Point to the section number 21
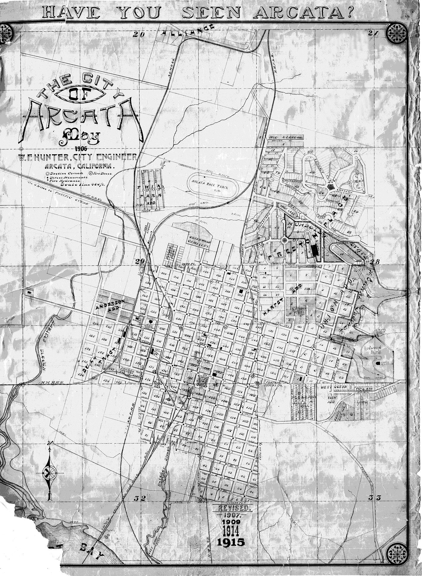(x=373, y=33)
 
